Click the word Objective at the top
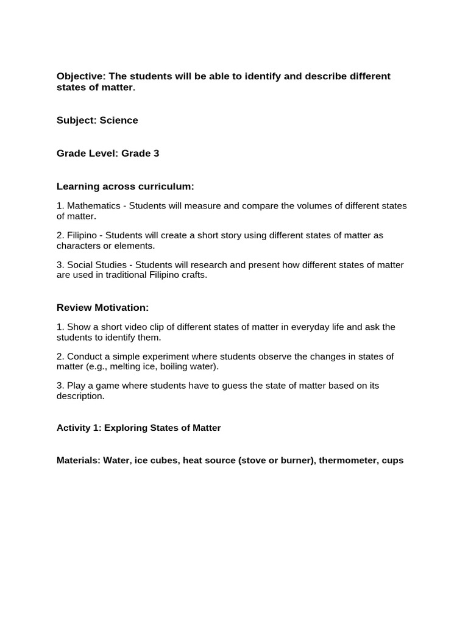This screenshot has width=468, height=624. pos(80,76)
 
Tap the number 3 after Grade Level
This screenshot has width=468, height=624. pos(156,153)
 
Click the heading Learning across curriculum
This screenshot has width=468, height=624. pos(125,186)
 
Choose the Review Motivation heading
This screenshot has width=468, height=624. pos(102,307)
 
